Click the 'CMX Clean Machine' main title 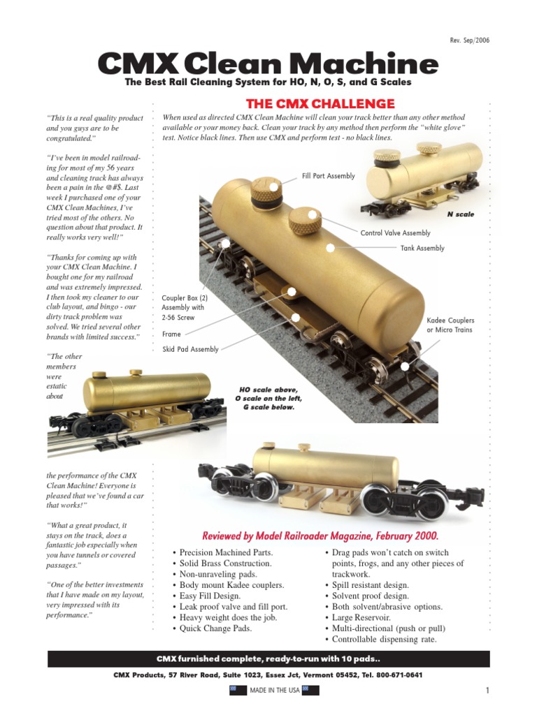pos(268,65)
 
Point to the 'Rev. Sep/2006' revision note pos(469,40)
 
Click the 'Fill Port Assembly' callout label pos(329,176)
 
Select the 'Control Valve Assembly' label pos(395,233)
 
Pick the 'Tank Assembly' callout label pos(422,248)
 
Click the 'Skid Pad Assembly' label pos(190,349)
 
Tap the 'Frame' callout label pos(171,334)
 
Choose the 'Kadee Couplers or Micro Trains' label pos(450,325)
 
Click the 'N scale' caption pos(460,214)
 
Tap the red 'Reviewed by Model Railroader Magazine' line pos(320,536)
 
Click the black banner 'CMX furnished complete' pos(268,659)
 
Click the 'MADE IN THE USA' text pos(274,691)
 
